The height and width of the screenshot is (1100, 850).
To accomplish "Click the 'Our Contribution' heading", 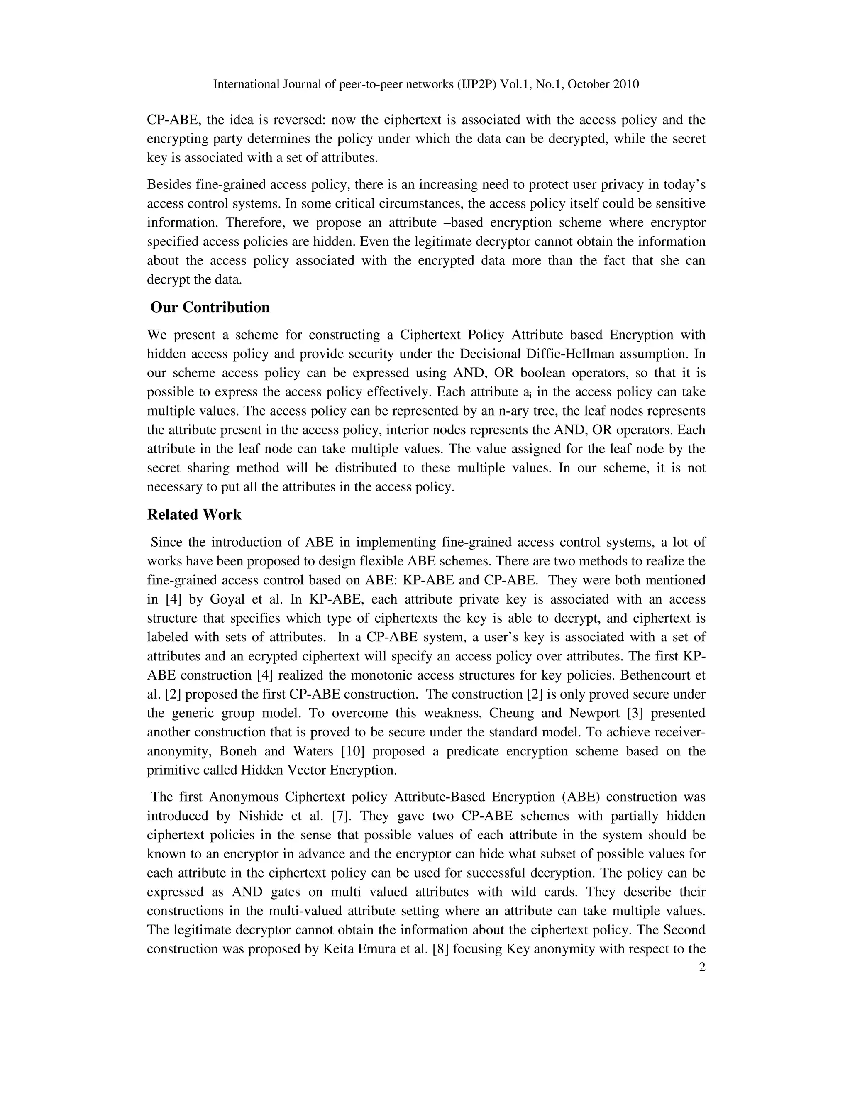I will [x=210, y=307].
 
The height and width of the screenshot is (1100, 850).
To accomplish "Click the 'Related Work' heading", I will [x=194, y=515].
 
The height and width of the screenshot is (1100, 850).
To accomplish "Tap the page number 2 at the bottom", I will [x=702, y=968].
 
